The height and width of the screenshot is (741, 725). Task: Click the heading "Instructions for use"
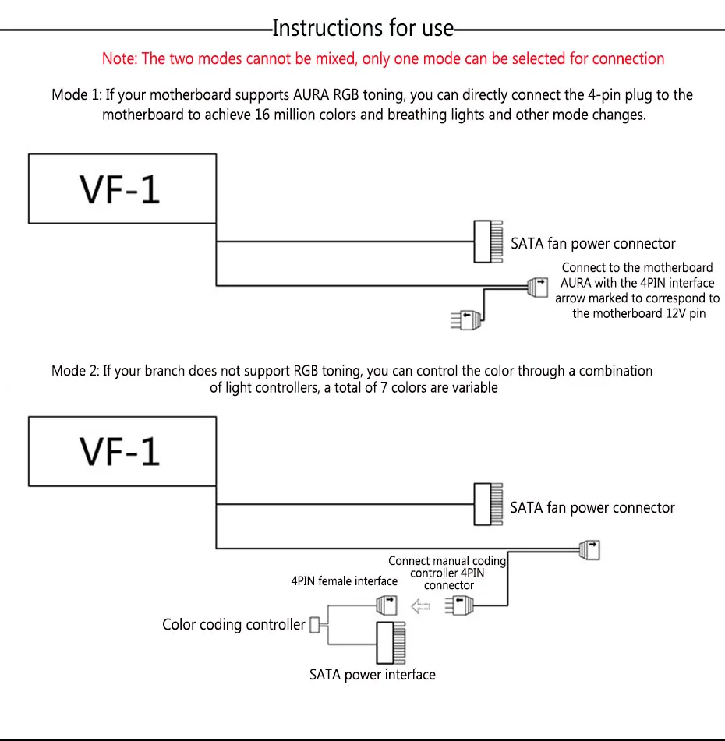[x=362, y=28]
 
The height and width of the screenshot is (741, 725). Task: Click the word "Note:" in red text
[x=119, y=58]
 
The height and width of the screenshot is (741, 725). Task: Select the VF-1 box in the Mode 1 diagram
[x=122, y=189]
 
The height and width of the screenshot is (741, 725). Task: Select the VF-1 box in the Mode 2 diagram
[x=122, y=451]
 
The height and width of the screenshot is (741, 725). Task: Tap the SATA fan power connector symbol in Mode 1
[x=489, y=241]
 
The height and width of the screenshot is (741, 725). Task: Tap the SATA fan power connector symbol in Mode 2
[x=489, y=504]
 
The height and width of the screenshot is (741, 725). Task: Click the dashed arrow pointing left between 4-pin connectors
[x=420, y=606]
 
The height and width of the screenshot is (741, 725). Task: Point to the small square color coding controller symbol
[x=314, y=625]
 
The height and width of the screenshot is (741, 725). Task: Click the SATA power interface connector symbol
[x=391, y=643]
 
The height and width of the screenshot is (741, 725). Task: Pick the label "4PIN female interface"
[x=345, y=580]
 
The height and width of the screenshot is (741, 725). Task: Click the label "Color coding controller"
[x=234, y=624]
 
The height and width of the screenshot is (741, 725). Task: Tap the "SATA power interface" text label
[x=372, y=674]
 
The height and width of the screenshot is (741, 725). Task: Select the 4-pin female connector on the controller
[x=387, y=605]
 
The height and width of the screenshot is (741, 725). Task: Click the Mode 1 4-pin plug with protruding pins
[x=466, y=320]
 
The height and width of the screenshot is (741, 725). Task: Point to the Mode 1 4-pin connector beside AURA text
[x=538, y=288]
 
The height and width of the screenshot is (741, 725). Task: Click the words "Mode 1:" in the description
[x=76, y=94]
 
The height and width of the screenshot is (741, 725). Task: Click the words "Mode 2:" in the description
[x=76, y=371]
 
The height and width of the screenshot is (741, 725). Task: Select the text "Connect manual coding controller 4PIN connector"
[x=447, y=573]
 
